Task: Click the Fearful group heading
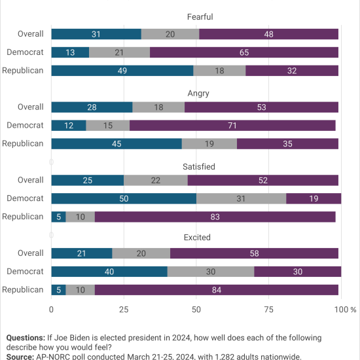point(200,17)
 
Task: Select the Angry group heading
point(198,94)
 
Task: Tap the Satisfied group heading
point(199,166)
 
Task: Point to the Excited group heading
point(197,237)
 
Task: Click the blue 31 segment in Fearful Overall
point(96,34)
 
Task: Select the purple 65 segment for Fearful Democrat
point(244,52)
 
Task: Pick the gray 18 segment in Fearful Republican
point(219,71)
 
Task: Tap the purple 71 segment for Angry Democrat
point(232,126)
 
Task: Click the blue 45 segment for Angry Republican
point(117,144)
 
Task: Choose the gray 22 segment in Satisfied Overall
point(156,180)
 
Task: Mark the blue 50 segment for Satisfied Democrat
point(124,198)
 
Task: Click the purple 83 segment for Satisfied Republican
point(215,217)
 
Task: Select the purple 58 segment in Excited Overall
point(254,253)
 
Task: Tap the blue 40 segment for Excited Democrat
point(109,272)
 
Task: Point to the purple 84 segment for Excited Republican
point(217,290)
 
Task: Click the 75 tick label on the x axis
point(268,310)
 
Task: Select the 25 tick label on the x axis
point(124,310)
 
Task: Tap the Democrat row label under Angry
point(25,125)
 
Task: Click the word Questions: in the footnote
point(26,338)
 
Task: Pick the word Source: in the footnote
point(20,357)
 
